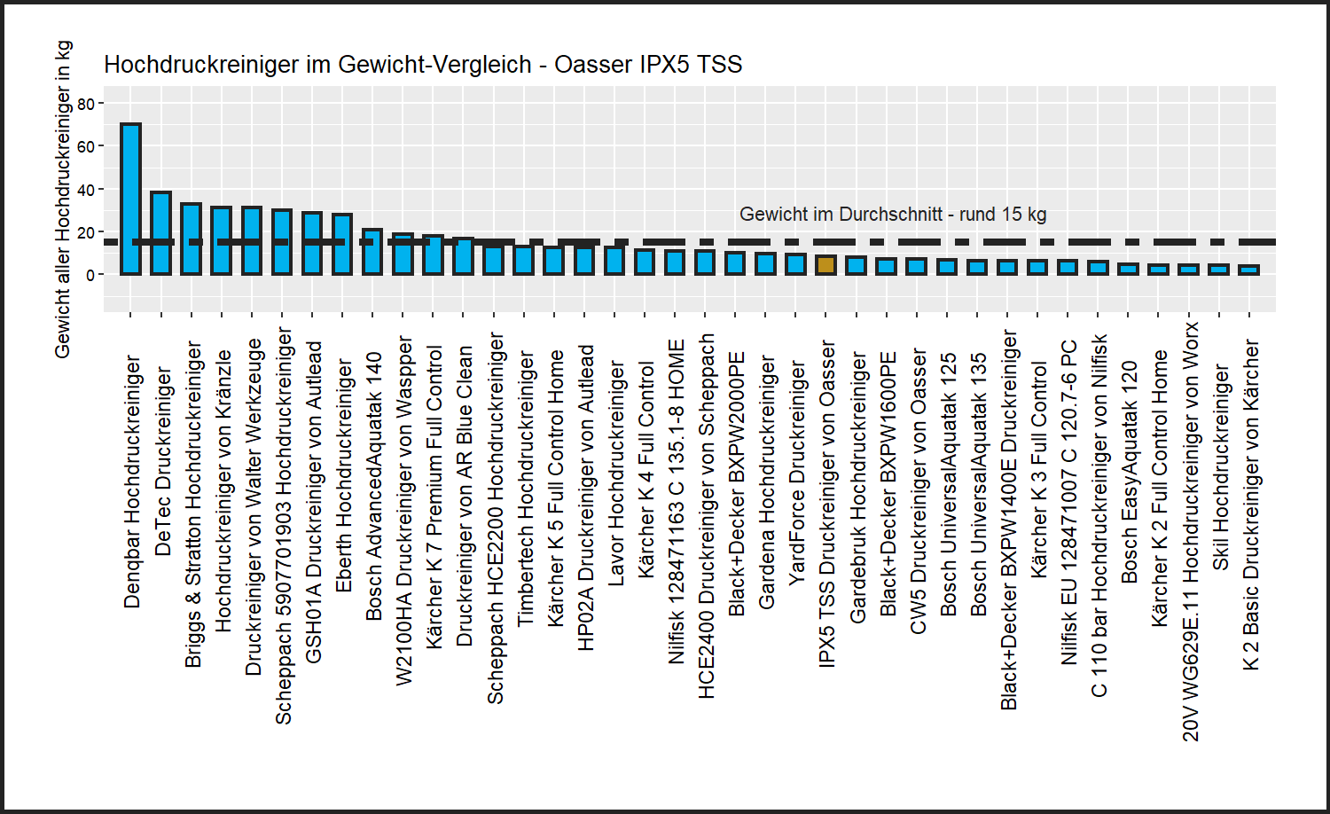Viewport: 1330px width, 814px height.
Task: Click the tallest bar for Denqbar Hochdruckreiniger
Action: [x=130, y=199]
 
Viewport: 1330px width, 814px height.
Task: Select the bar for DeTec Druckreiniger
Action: [x=160, y=233]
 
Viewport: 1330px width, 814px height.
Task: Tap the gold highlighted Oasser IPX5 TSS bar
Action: [x=825, y=265]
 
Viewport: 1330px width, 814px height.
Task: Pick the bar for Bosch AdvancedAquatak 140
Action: [x=372, y=252]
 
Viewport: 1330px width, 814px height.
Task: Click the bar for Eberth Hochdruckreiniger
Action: [x=342, y=244]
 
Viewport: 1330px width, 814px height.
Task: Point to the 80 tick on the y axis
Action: [x=86, y=104]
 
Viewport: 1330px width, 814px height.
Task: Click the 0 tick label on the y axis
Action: [x=90, y=275]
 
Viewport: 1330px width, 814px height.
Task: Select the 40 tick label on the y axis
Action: [x=86, y=190]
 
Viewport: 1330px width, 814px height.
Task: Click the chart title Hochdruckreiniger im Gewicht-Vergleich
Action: [x=423, y=65]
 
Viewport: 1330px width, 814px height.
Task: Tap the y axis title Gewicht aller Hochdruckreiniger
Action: [x=62, y=200]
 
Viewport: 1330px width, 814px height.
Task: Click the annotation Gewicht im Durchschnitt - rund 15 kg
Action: [x=893, y=215]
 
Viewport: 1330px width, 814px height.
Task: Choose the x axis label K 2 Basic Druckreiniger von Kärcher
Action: [x=1250, y=505]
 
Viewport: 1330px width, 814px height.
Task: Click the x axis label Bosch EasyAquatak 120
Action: [x=1129, y=471]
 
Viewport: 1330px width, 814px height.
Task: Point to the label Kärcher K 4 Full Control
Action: [x=645, y=470]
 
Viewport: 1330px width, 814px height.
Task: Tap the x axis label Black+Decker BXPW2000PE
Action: [x=736, y=483]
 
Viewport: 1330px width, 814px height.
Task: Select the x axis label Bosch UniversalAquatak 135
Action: [x=978, y=484]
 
